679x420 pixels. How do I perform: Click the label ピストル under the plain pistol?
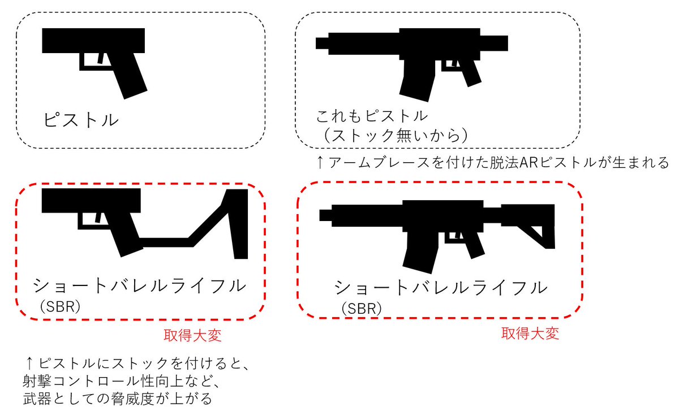click(81, 120)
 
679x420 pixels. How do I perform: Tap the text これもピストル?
click(371, 117)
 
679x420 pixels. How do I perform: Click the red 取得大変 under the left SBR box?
click(192, 335)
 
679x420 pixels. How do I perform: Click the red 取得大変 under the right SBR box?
click(530, 333)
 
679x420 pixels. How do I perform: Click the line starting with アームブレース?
click(492, 163)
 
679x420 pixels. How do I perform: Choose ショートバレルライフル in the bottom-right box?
click(441, 287)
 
